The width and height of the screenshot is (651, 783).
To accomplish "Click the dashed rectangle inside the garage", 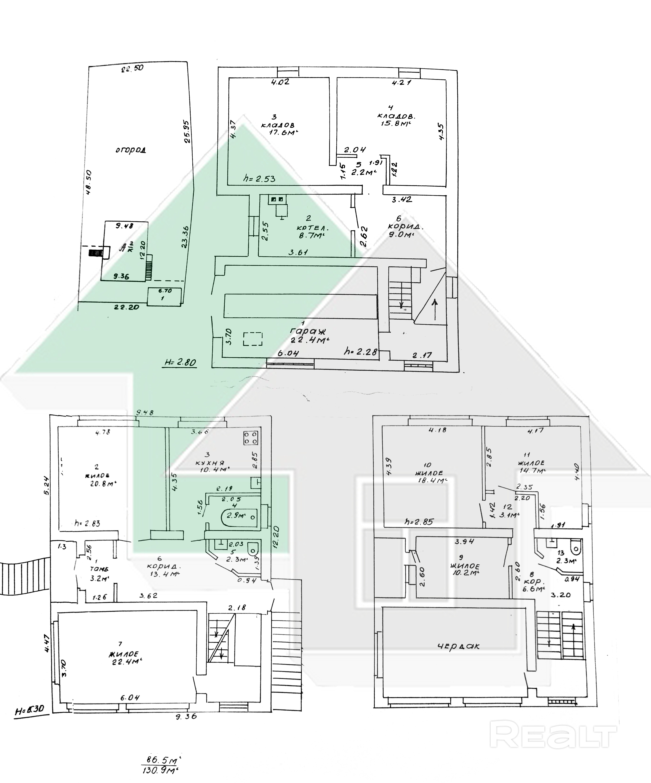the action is click(253, 339).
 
